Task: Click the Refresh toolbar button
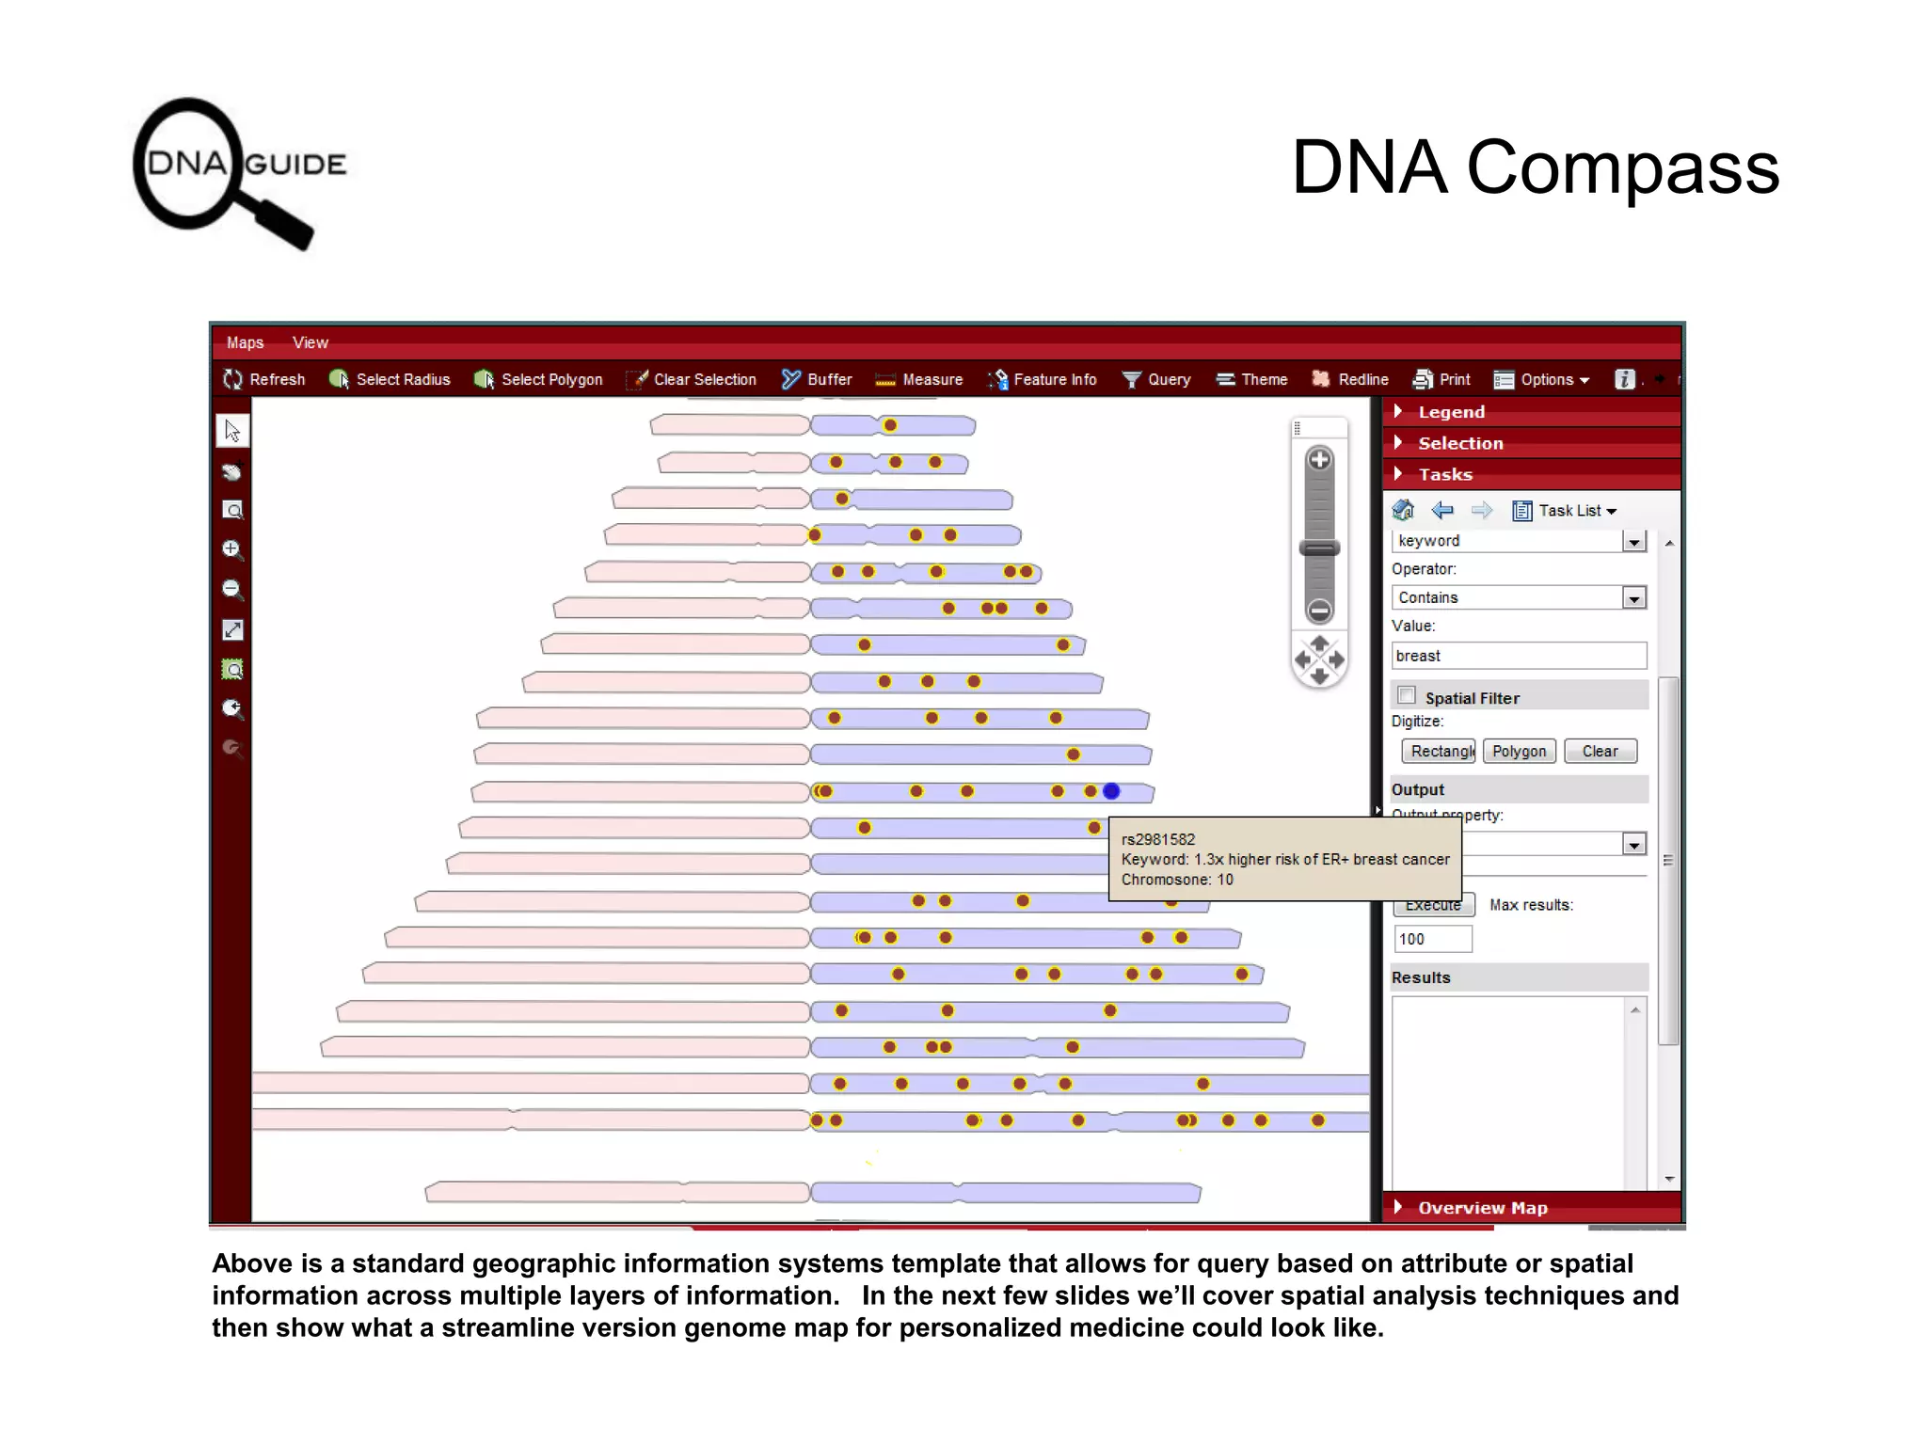click(264, 379)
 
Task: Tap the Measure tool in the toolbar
click(918, 379)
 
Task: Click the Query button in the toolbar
click(1156, 379)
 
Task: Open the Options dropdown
click(1542, 379)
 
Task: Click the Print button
click(1441, 379)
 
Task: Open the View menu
click(310, 342)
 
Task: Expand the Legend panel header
click(1450, 412)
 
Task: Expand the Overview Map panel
click(1481, 1208)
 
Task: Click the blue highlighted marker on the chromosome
click(1111, 791)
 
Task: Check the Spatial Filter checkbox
click(1407, 695)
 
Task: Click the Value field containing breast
click(1518, 656)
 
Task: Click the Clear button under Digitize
click(1600, 751)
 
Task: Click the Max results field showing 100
click(1431, 939)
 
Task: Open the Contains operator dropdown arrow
click(1634, 598)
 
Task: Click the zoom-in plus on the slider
click(1319, 460)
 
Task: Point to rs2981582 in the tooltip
click(1157, 839)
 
